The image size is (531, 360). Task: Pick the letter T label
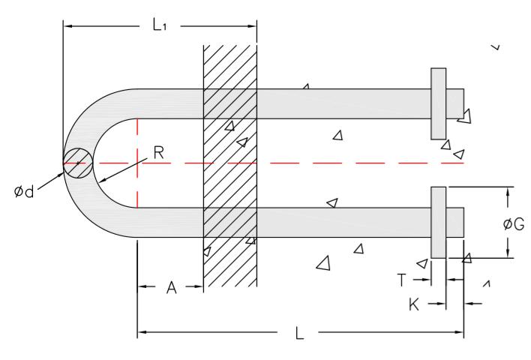(401, 280)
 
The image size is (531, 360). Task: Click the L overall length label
(300, 333)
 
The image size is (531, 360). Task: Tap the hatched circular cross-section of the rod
(78, 163)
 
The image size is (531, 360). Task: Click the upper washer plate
(439, 103)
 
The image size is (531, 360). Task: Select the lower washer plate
(439, 222)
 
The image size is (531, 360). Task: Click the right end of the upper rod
(460, 103)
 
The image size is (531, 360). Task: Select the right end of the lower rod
(460, 222)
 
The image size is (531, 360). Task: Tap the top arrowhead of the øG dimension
(508, 192)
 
